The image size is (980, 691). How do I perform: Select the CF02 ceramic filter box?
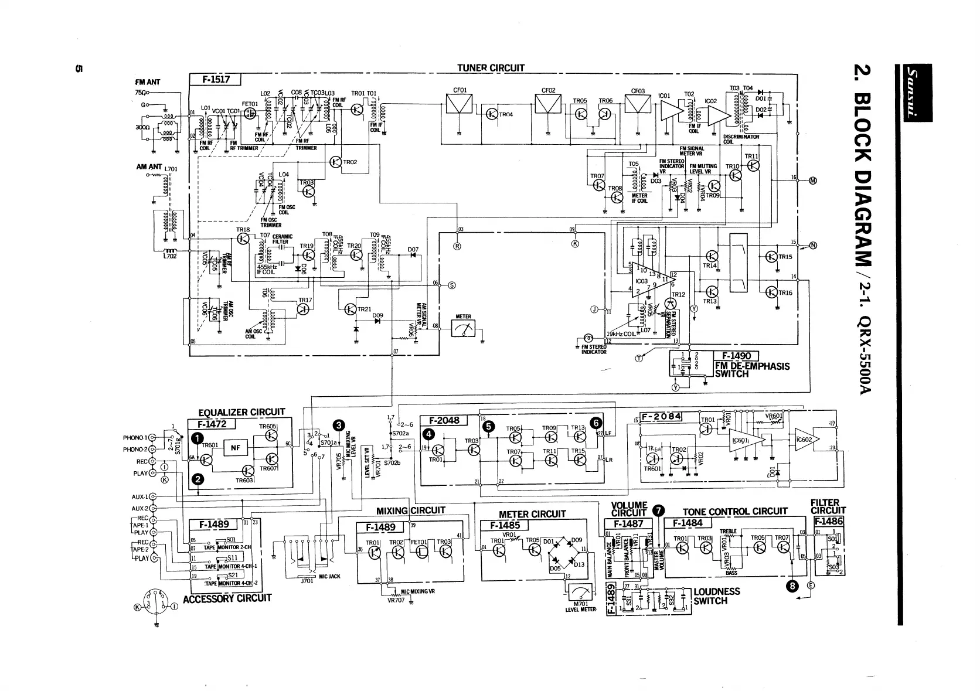(549, 106)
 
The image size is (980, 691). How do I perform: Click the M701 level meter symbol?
(580, 592)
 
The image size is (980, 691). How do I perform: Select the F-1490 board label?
(736, 356)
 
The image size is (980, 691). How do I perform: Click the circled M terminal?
(812, 180)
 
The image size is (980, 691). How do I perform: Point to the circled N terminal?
(812, 245)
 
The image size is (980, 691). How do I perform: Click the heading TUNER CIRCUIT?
(491, 68)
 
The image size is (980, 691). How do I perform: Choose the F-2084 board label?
(661, 417)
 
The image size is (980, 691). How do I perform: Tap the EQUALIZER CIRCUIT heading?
(241, 413)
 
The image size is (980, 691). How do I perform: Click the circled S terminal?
(451, 285)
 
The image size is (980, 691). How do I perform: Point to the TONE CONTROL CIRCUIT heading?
(735, 512)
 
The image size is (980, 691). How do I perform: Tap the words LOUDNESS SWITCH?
(716, 596)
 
